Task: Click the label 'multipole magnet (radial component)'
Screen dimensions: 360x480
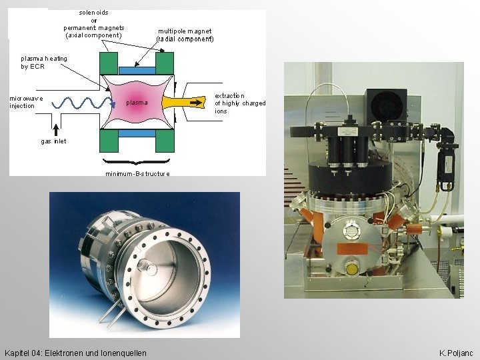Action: [x=185, y=35]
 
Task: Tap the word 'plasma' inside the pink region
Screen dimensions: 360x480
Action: [x=137, y=103]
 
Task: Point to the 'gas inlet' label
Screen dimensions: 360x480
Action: [x=53, y=141]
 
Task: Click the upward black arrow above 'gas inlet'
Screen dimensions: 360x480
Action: [x=56, y=126]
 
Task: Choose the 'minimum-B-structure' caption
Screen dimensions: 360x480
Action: [x=137, y=173]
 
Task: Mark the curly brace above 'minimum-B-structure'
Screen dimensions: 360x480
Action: [x=137, y=162]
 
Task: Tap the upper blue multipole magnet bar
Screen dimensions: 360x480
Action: [x=137, y=70]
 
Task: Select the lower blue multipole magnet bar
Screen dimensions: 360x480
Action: [x=137, y=133]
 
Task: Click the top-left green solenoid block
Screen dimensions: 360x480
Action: [x=109, y=64]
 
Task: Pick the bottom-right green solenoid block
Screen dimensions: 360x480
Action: [x=165, y=140]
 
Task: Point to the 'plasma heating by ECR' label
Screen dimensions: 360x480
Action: [x=44, y=63]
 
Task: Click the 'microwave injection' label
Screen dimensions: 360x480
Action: [x=27, y=102]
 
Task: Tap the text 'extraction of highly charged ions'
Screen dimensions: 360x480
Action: [x=239, y=103]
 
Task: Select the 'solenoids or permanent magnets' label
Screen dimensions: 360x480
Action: [x=94, y=24]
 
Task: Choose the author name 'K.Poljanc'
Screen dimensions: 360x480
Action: [x=456, y=352]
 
